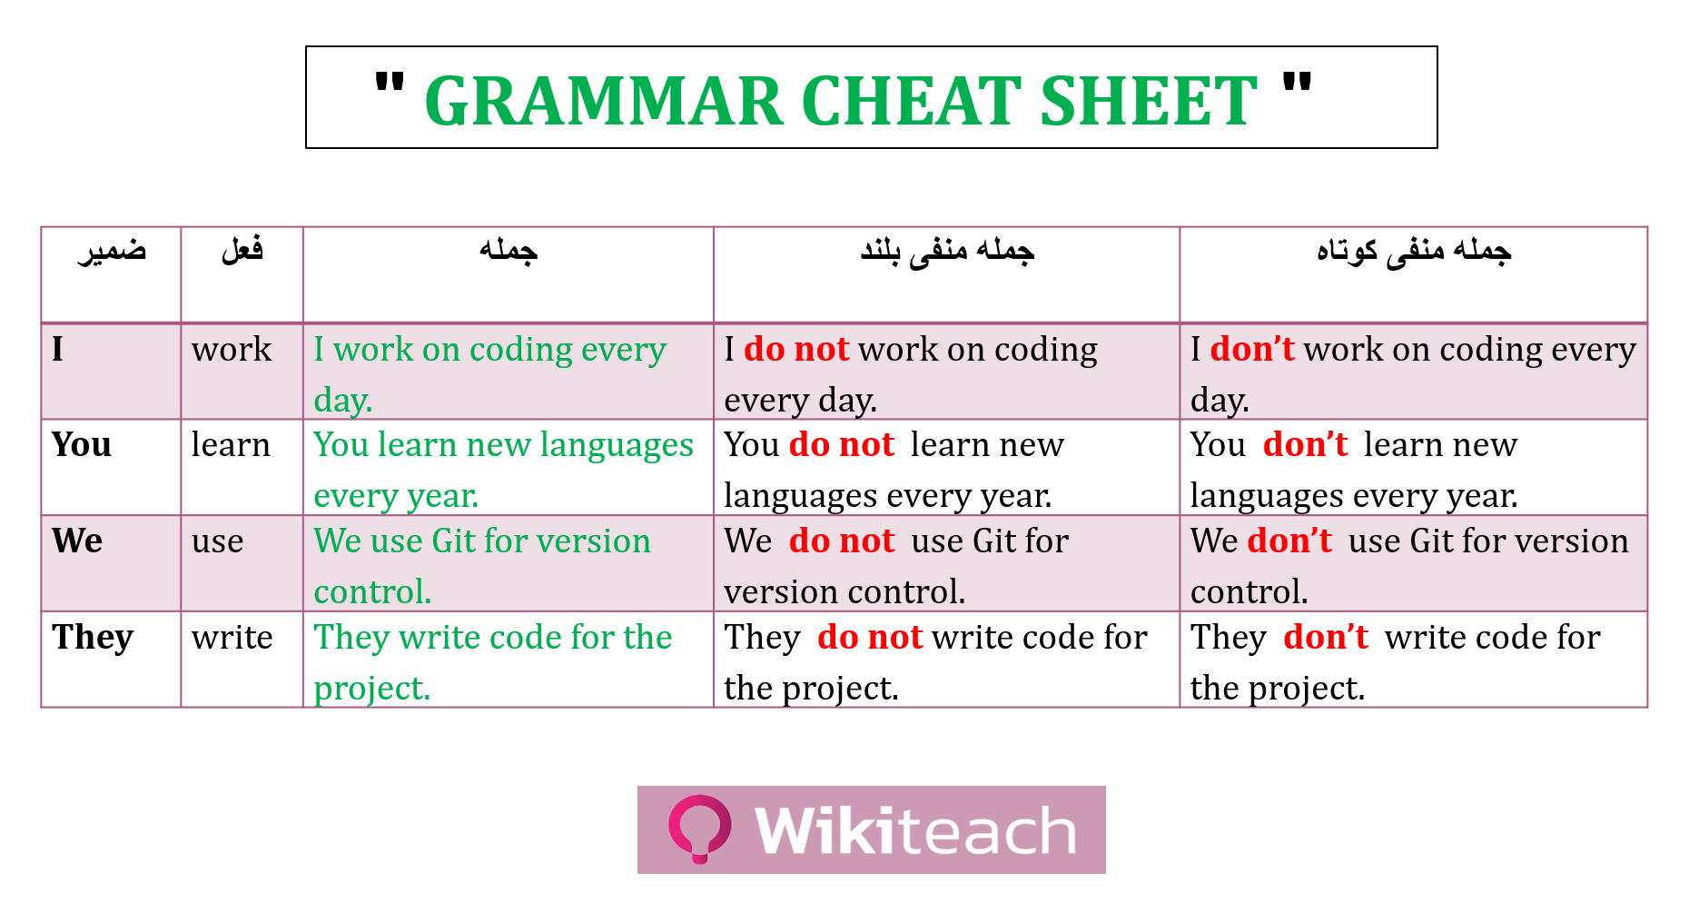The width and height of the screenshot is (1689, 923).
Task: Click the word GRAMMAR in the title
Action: (604, 101)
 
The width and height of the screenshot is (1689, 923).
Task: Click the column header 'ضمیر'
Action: (112, 250)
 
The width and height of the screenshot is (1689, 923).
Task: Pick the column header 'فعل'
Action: (242, 248)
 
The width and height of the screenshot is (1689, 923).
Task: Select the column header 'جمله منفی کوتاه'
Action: (1414, 251)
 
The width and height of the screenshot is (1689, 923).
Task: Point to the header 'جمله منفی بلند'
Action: (947, 251)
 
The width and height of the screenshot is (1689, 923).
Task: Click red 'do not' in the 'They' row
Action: (870, 637)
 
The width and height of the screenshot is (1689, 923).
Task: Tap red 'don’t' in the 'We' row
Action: (1289, 541)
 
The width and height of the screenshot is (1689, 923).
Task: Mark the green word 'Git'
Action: (454, 541)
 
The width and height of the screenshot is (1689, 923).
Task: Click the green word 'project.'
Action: (372, 689)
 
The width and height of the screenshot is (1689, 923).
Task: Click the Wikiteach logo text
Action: (915, 830)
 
